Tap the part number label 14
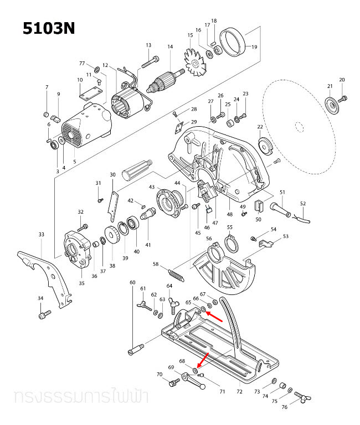[170, 47]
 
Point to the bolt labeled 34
[43, 315]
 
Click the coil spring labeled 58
[176, 273]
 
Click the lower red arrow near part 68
[203, 359]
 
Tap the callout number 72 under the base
[239, 392]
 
